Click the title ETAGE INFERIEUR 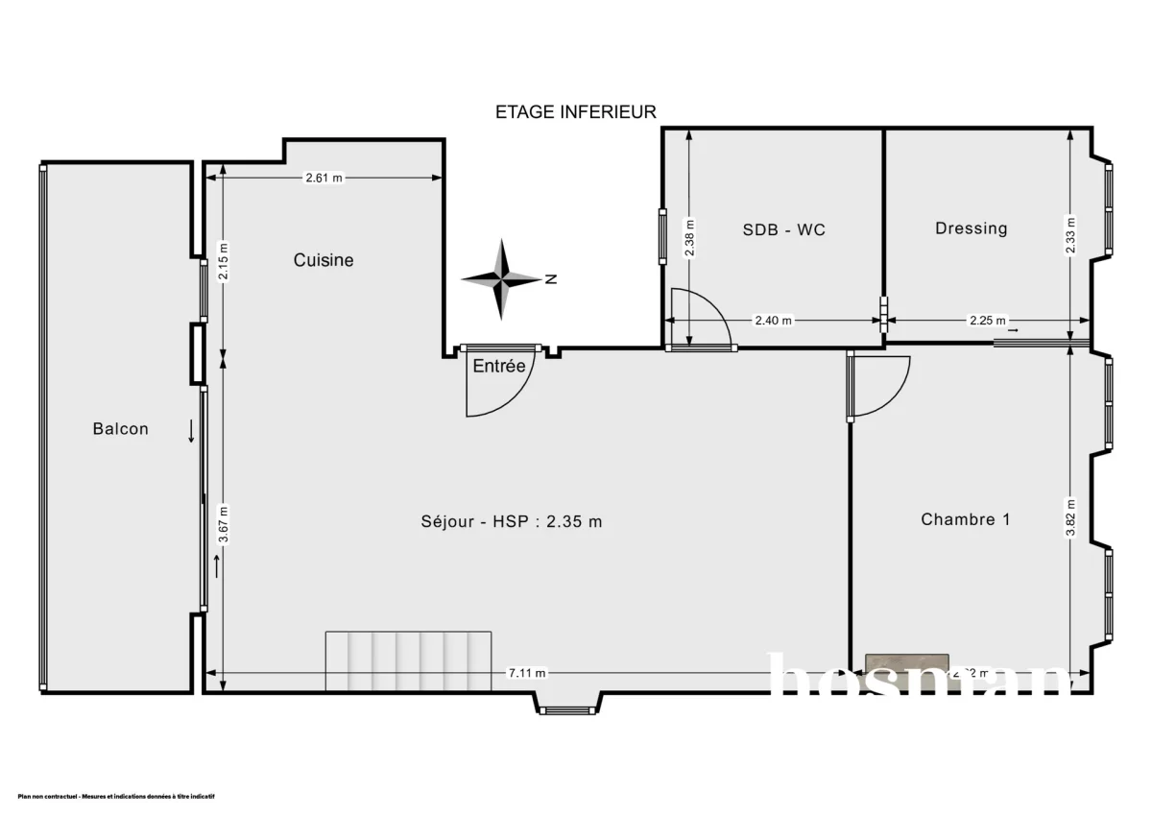click(x=575, y=112)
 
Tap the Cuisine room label click(x=324, y=260)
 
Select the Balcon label click(x=120, y=429)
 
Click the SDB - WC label click(x=783, y=229)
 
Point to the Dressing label click(x=971, y=228)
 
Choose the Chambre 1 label click(x=965, y=519)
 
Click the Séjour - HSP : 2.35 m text click(x=512, y=521)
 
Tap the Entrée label click(x=498, y=366)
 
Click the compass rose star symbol click(x=501, y=279)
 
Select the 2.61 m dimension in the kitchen click(x=324, y=178)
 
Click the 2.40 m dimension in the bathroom click(x=774, y=322)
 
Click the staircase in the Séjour click(x=408, y=660)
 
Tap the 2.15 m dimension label click(x=223, y=259)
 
